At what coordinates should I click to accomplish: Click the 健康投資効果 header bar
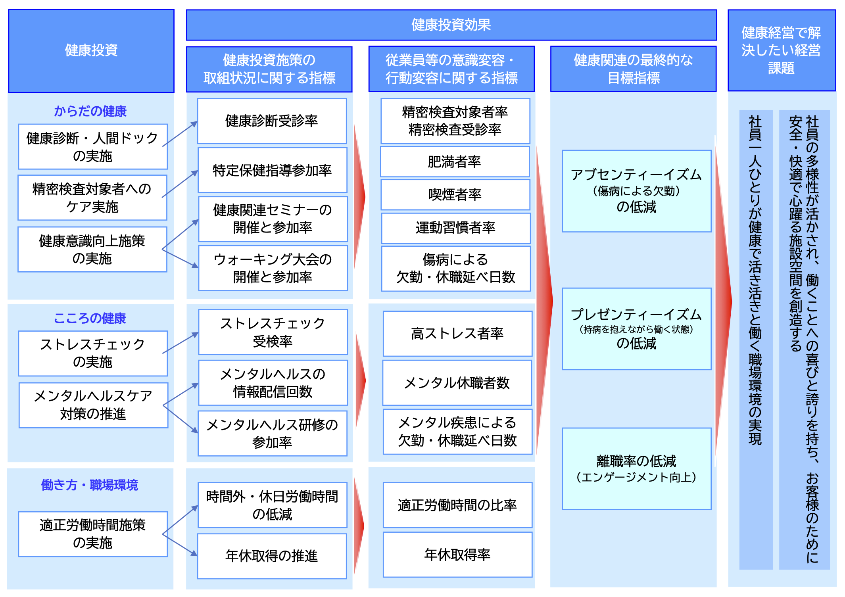(x=451, y=25)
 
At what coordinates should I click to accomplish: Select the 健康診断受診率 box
(x=272, y=121)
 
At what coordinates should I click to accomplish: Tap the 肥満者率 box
(x=455, y=162)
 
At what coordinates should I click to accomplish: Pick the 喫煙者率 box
(x=455, y=195)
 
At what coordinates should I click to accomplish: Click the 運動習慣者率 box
(x=455, y=228)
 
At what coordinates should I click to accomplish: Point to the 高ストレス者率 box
(x=457, y=334)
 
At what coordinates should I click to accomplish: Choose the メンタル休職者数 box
(x=457, y=383)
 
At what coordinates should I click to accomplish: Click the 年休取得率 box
(x=457, y=555)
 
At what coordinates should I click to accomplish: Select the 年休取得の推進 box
(x=272, y=556)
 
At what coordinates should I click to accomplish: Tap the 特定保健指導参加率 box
(x=272, y=170)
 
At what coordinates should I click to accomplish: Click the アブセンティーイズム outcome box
(x=636, y=191)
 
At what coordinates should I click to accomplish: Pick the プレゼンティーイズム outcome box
(x=636, y=329)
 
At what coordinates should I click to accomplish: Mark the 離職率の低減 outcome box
(x=636, y=468)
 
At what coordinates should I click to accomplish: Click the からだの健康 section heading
(x=90, y=111)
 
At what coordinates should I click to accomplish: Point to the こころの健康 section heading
(x=90, y=318)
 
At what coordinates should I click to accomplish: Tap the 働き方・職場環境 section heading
(x=90, y=485)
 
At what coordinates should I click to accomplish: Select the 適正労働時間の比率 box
(x=457, y=505)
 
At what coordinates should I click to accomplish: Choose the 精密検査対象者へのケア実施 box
(x=92, y=198)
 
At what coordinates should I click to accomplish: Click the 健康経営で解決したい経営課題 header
(x=781, y=50)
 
